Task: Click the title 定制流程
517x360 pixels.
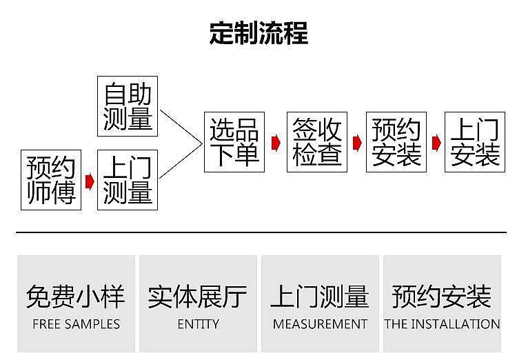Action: pyautogui.click(x=258, y=33)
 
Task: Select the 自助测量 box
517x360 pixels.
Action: pyautogui.click(x=128, y=106)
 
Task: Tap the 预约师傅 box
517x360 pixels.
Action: pyautogui.click(x=51, y=180)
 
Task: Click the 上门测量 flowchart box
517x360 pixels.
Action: pyautogui.click(x=128, y=180)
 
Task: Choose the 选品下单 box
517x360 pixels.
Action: pyautogui.click(x=234, y=142)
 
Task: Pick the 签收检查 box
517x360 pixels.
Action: pyautogui.click(x=317, y=142)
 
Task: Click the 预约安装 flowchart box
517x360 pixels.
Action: pyautogui.click(x=396, y=142)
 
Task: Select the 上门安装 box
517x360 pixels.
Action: pyautogui.click(x=475, y=142)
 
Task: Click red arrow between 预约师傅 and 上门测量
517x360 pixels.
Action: pyautogui.click(x=90, y=182)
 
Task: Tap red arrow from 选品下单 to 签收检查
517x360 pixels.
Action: pyautogui.click(x=276, y=143)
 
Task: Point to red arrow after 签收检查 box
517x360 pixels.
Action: pyautogui.click(x=357, y=143)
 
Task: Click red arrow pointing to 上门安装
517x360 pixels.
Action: pyautogui.click(x=436, y=143)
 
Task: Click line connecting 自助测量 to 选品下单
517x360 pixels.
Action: pyautogui.click(x=181, y=126)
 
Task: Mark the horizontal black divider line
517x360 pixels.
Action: pyautogui.click(x=261, y=232)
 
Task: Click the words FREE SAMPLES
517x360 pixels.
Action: pyautogui.click(x=76, y=324)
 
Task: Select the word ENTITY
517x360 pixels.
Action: pyautogui.click(x=198, y=324)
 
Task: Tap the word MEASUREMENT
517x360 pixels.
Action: pyautogui.click(x=320, y=324)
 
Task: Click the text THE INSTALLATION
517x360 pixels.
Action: pyautogui.click(x=442, y=324)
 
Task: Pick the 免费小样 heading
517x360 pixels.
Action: pyautogui.click(x=76, y=297)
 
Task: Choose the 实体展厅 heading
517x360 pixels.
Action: pyautogui.click(x=198, y=297)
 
